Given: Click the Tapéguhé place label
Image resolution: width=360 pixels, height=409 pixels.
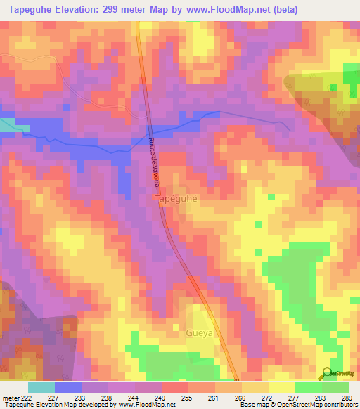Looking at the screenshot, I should [176, 200].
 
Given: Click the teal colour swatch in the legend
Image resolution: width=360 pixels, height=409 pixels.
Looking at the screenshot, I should [41, 387].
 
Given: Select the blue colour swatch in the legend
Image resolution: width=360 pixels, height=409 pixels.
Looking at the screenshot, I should [68, 387].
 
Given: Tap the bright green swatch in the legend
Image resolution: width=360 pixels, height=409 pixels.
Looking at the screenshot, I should [308, 387].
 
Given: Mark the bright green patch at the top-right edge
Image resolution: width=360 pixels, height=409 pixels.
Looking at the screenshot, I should [351, 75].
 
